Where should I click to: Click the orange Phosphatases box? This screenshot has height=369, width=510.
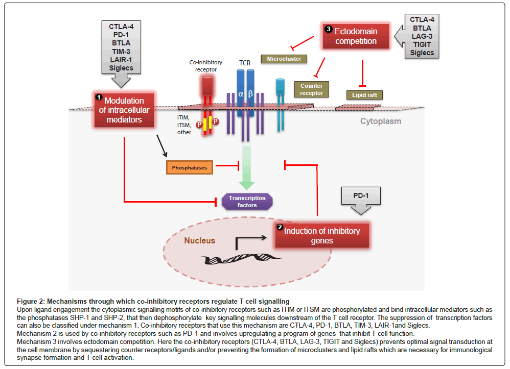189,167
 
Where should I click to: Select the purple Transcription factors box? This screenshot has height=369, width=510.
247,201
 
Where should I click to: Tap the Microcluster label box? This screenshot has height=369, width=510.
284,59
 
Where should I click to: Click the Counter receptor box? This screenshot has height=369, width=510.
311,89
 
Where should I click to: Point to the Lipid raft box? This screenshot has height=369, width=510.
364,95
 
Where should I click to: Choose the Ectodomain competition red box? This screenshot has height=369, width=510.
355,36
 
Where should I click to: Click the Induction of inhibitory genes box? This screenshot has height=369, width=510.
321,235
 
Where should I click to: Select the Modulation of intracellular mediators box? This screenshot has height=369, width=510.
125,109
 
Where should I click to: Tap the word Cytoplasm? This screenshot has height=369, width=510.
381,121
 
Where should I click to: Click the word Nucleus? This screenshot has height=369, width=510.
200,240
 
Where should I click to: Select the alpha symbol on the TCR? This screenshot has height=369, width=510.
241,94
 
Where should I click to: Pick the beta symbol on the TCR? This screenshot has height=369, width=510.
250,94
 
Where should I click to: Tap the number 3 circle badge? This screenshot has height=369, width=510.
328,30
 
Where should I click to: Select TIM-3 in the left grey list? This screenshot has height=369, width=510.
121,51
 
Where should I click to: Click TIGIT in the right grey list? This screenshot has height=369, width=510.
422,44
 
